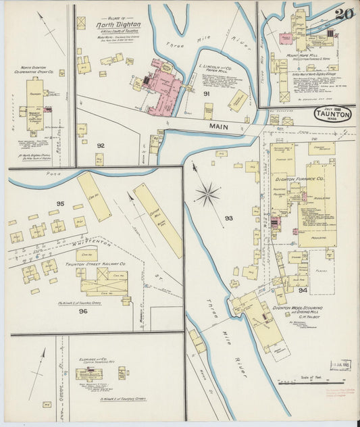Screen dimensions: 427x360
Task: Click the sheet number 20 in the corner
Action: pyautogui.click(x=343, y=14)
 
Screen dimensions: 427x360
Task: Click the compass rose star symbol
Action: pyautogui.click(x=207, y=194)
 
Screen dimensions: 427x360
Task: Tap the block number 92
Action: pyautogui.click(x=101, y=145)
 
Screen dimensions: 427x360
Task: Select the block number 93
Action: pyautogui.click(x=228, y=218)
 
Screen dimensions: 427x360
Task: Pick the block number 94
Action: pyautogui.click(x=303, y=291)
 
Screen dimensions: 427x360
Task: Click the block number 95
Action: pyautogui.click(x=60, y=203)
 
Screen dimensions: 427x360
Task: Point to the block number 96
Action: pyautogui.click(x=82, y=311)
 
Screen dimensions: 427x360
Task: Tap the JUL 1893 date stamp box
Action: pyautogui.click(x=338, y=365)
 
